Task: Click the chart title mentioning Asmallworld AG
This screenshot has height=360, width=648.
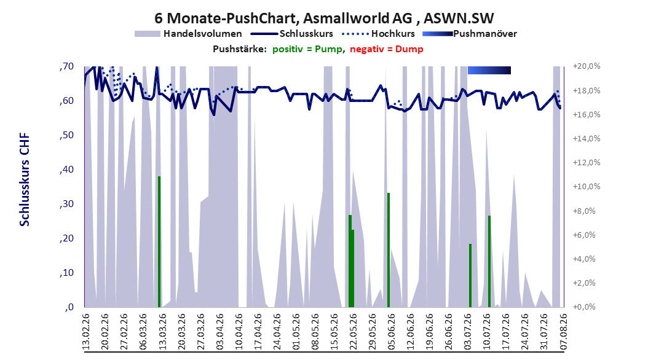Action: click(x=324, y=18)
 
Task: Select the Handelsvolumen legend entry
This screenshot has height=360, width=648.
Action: click(x=188, y=34)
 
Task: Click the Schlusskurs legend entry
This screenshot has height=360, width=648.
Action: click(x=292, y=34)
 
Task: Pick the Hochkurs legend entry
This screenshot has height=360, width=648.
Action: click(x=378, y=34)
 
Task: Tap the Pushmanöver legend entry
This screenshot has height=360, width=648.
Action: click(x=470, y=34)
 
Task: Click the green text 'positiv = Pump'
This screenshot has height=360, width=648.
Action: click(x=307, y=49)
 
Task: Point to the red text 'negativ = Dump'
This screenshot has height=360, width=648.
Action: click(x=387, y=49)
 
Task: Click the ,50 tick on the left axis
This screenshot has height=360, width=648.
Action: click(x=66, y=135)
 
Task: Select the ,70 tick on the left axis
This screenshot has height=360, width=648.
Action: click(x=66, y=66)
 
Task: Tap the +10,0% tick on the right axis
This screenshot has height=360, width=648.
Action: click(x=587, y=187)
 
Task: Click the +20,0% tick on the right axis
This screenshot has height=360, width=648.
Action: click(x=587, y=66)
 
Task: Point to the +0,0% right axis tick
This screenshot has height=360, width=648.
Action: click(x=584, y=307)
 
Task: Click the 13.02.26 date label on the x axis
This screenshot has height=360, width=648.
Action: click(x=86, y=332)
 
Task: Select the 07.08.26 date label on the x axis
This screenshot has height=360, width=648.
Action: click(x=564, y=332)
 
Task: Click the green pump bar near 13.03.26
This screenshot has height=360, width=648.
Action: click(x=159, y=241)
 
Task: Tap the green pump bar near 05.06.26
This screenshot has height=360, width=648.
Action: click(x=389, y=250)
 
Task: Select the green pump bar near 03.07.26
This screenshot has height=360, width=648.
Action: click(x=470, y=275)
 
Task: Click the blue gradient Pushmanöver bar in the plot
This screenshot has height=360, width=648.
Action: click(x=489, y=70)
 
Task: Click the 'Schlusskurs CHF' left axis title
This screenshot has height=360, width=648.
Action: click(x=25, y=179)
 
